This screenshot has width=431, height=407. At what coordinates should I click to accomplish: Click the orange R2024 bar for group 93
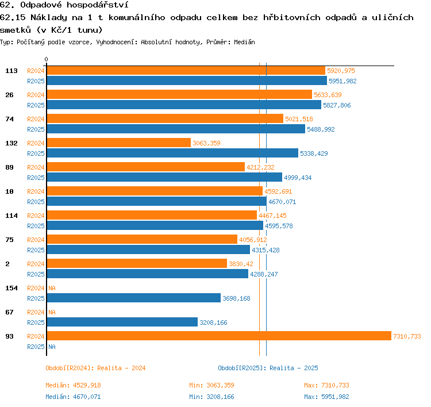[x=219, y=336]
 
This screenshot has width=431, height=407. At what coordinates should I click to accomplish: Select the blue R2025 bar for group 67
[x=122, y=322]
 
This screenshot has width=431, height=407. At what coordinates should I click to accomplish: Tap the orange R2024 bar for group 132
[x=119, y=143]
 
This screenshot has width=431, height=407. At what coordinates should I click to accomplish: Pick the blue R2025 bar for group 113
[x=187, y=80]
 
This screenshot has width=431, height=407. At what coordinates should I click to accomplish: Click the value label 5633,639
[x=328, y=95]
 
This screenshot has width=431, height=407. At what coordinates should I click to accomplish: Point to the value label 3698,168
[x=236, y=298]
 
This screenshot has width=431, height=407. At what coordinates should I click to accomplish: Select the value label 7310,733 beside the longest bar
[x=407, y=336]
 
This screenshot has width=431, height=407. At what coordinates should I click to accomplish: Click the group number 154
[x=11, y=288]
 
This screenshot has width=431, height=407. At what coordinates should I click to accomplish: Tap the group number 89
[x=9, y=167]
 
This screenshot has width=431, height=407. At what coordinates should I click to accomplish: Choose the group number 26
[x=9, y=95]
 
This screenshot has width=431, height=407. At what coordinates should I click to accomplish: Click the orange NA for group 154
[x=52, y=288]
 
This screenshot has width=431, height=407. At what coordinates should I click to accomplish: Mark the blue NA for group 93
[x=52, y=347]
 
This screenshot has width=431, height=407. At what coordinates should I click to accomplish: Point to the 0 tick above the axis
[x=46, y=59]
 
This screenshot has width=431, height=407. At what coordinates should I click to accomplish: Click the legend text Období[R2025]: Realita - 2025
[x=268, y=368]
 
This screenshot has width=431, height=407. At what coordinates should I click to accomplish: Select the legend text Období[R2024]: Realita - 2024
[x=95, y=368]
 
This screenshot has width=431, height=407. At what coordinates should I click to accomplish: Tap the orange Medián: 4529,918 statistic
[x=74, y=385]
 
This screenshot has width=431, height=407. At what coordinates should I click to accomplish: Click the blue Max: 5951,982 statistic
[x=326, y=397]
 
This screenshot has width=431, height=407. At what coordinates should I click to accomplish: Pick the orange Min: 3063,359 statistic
[x=211, y=385]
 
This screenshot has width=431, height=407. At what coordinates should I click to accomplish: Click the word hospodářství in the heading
[x=98, y=5]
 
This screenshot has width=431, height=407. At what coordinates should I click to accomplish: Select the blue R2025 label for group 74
[x=36, y=129]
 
